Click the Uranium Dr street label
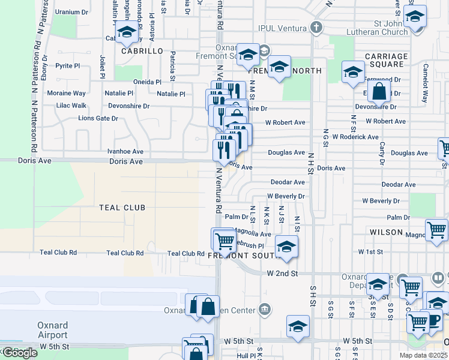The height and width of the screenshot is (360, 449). click(x=71, y=12)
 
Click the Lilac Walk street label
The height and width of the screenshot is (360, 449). click(x=71, y=106)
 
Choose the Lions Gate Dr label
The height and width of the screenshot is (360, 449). click(x=98, y=118)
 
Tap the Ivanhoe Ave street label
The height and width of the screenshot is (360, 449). click(x=125, y=152)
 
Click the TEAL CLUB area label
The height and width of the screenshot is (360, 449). click(x=122, y=208)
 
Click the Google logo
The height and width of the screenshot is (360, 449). click(x=20, y=353)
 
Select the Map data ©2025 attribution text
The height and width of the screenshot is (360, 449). click(x=424, y=356)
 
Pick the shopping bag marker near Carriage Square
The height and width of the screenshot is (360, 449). click(x=379, y=92)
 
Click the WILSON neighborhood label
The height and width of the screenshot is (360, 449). click(x=387, y=232)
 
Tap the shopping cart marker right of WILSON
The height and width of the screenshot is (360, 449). click(x=436, y=230)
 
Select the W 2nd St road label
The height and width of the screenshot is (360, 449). click(x=282, y=274)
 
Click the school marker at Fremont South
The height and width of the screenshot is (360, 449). click(x=286, y=246)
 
